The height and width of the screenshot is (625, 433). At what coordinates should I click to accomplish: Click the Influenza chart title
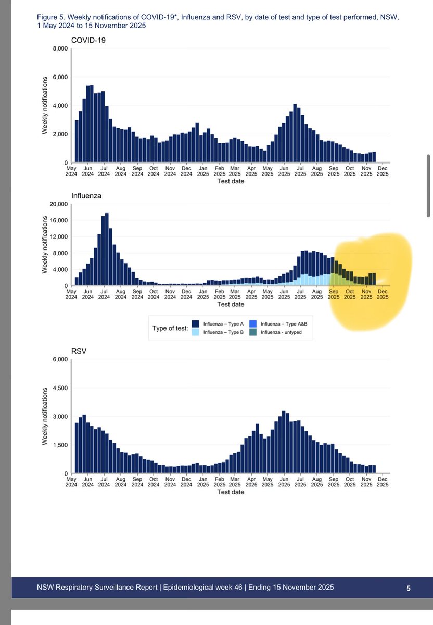86,196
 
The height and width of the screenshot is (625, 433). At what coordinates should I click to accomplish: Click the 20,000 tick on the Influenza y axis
58,204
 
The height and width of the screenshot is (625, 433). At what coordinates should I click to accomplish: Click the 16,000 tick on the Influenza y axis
58,221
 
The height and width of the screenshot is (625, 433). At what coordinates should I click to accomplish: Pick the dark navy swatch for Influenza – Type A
195,323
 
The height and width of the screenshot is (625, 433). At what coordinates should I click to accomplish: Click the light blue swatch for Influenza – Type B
195,332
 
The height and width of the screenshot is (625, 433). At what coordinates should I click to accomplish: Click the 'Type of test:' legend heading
170,328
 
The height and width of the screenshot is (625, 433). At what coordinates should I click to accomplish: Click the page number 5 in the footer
409,588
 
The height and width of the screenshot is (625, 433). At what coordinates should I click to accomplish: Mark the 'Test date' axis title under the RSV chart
230,492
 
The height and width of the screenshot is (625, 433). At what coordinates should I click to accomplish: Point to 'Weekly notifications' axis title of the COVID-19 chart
45,106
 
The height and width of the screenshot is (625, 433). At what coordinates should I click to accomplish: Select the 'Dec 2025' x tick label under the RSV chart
382,482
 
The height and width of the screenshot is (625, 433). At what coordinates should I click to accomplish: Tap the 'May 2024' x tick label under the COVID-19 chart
71,171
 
